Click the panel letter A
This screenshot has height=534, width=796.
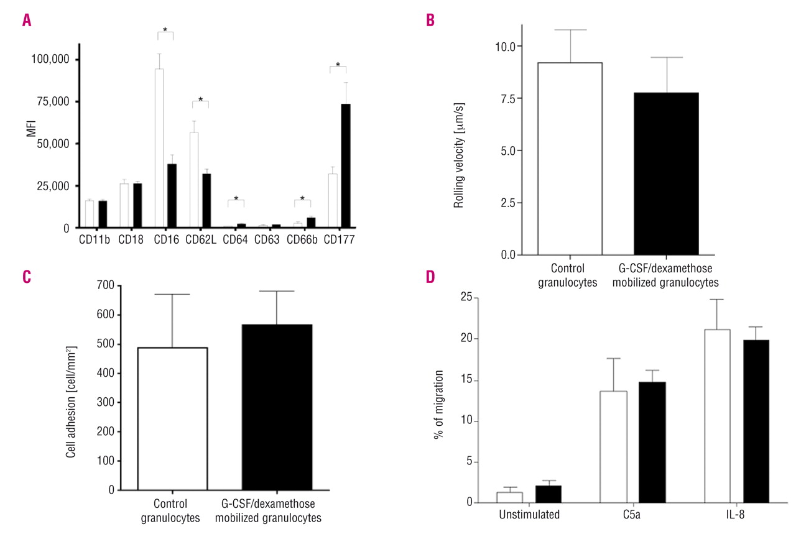(26, 21)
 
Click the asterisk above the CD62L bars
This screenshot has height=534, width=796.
(200, 99)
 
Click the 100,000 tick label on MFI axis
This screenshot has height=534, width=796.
(52, 60)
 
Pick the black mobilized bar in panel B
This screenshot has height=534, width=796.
(666, 173)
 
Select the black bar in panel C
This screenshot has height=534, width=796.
(277, 407)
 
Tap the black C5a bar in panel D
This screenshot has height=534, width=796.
(651, 442)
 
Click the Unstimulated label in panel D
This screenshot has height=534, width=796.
(529, 515)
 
